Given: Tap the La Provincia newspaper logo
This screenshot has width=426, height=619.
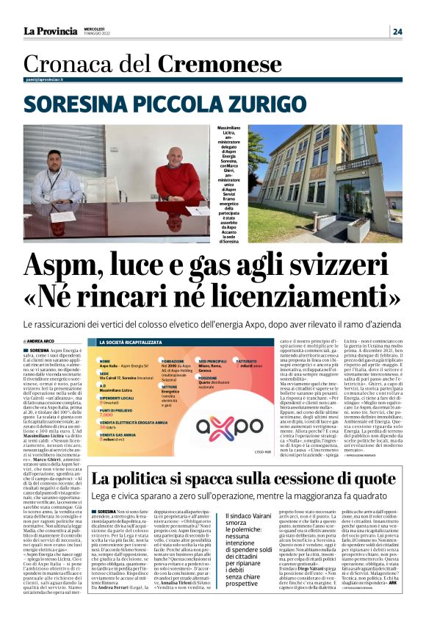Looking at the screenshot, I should (x=51, y=31).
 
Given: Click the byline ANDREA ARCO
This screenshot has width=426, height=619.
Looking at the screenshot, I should (x=43, y=342).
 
